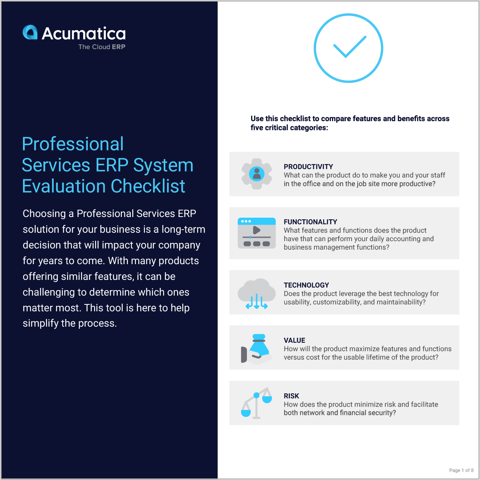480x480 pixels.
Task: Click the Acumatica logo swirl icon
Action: pyautogui.click(x=30, y=33)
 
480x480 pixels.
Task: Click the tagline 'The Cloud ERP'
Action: pyautogui.click(x=102, y=47)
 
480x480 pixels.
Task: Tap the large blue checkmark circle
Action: pyautogui.click(x=348, y=48)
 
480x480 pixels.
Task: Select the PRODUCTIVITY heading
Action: pyautogui.click(x=308, y=167)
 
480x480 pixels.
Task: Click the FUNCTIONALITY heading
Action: pyautogui.click(x=310, y=222)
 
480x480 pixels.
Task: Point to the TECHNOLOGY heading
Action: pyautogui.click(x=306, y=285)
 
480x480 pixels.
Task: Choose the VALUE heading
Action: pyautogui.click(x=294, y=340)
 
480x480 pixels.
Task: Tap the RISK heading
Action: pyautogui.click(x=291, y=396)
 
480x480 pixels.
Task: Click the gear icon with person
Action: pyautogui.click(x=256, y=174)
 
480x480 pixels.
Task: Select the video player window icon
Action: pyautogui.click(x=256, y=233)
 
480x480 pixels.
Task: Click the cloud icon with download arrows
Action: pyautogui.click(x=256, y=294)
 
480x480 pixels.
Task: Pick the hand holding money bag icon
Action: pyautogui.click(x=256, y=349)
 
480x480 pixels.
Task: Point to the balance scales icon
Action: pyautogui.click(x=256, y=403)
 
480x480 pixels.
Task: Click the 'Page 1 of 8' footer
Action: pyautogui.click(x=461, y=470)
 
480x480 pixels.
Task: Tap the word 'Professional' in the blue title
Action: pyautogui.click(x=73, y=144)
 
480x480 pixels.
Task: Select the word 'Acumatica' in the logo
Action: pyautogui.click(x=84, y=34)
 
